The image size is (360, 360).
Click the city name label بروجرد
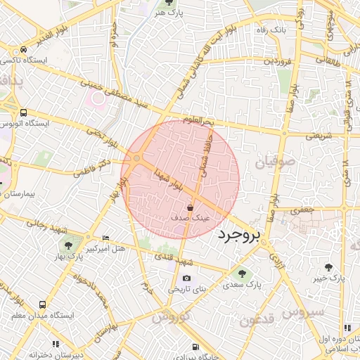pos(239,234)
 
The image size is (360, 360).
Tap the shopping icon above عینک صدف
pos(191,207)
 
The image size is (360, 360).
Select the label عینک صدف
pos(191,219)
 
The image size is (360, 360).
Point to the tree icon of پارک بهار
pos(67,245)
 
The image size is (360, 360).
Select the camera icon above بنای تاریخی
pos(186,278)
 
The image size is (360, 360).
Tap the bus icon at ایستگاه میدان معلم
pos(44,304)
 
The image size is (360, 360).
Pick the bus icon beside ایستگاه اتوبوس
pos(24,112)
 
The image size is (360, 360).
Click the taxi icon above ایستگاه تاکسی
pos(24,50)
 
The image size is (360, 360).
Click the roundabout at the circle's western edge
pos(136,160)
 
